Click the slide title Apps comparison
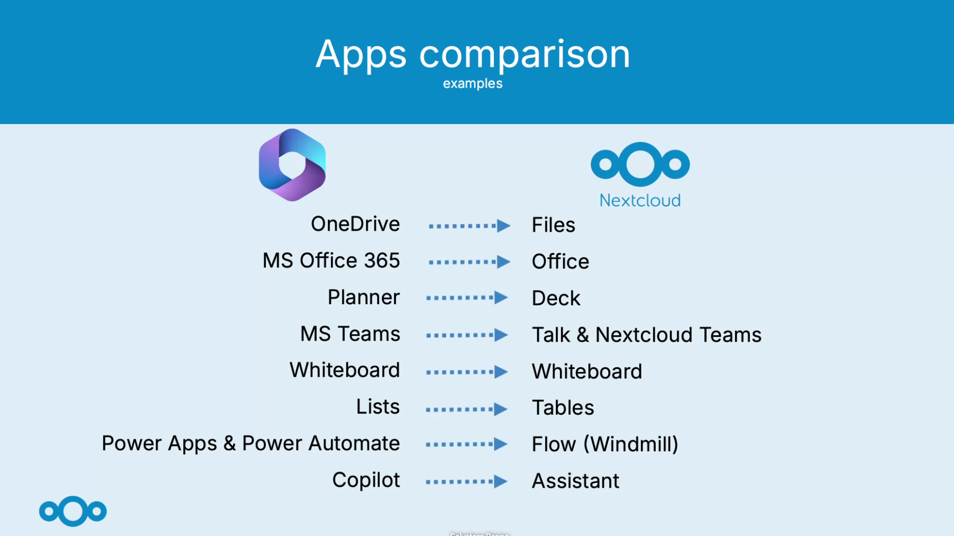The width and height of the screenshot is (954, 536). (x=472, y=54)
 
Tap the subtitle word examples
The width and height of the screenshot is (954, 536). (x=472, y=84)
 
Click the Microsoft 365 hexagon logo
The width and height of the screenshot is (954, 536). (x=292, y=165)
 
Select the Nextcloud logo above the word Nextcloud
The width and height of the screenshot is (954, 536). (x=640, y=164)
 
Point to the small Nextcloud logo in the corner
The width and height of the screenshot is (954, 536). (x=73, y=511)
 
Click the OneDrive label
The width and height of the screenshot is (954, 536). (x=355, y=224)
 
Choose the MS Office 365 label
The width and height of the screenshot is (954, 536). (x=331, y=261)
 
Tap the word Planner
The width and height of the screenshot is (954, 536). (x=364, y=297)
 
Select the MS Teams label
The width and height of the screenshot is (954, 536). (x=350, y=334)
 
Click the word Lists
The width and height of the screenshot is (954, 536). (x=378, y=407)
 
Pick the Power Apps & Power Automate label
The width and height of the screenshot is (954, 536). (x=251, y=444)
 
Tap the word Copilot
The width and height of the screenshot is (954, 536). (x=366, y=480)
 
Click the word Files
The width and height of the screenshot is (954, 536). (x=553, y=225)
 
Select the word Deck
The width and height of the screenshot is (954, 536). (x=556, y=298)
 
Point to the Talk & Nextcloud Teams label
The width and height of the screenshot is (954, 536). (x=646, y=335)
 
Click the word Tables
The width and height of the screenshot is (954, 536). (x=563, y=408)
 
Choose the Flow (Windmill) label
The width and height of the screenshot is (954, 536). (x=605, y=445)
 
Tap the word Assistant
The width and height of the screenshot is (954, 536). (x=575, y=481)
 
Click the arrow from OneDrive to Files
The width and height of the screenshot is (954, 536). (x=469, y=226)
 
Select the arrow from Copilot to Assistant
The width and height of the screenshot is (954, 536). (x=466, y=481)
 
